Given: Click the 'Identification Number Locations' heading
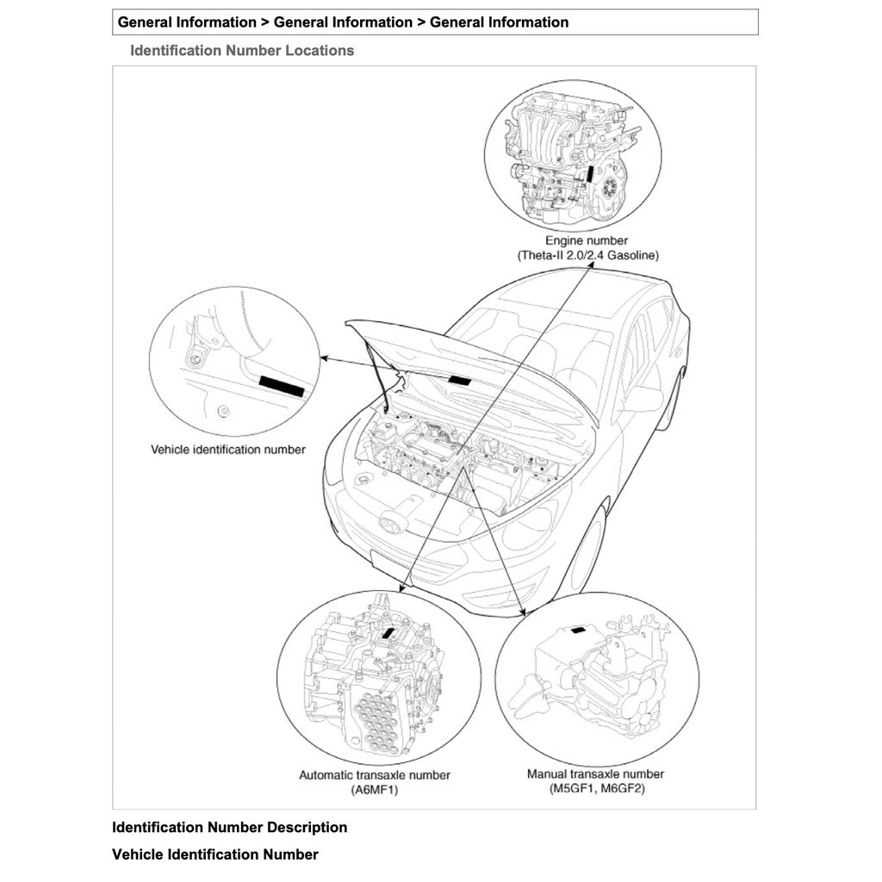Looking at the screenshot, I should pyautogui.click(x=242, y=51).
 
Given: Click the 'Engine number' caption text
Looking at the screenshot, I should pyautogui.click(x=586, y=241).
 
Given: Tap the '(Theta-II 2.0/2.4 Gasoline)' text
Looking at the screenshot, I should pyautogui.click(x=589, y=256).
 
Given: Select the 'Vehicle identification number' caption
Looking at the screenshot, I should pyautogui.click(x=227, y=450).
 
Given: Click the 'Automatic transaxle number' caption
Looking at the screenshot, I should pyautogui.click(x=374, y=775).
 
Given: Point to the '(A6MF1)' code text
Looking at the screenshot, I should pyautogui.click(x=374, y=790).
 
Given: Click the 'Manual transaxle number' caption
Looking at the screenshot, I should pyautogui.click(x=595, y=774).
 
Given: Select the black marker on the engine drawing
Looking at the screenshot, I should pyautogui.click(x=590, y=171).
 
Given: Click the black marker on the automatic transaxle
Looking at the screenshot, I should pyautogui.click(x=388, y=636).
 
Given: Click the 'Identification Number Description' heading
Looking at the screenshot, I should pyautogui.click(x=230, y=828).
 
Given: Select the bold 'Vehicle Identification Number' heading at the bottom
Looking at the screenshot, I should pyautogui.click(x=215, y=855).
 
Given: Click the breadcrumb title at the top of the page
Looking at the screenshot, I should pyautogui.click(x=343, y=22).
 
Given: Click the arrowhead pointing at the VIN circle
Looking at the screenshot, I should pyautogui.click(x=323, y=357).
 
